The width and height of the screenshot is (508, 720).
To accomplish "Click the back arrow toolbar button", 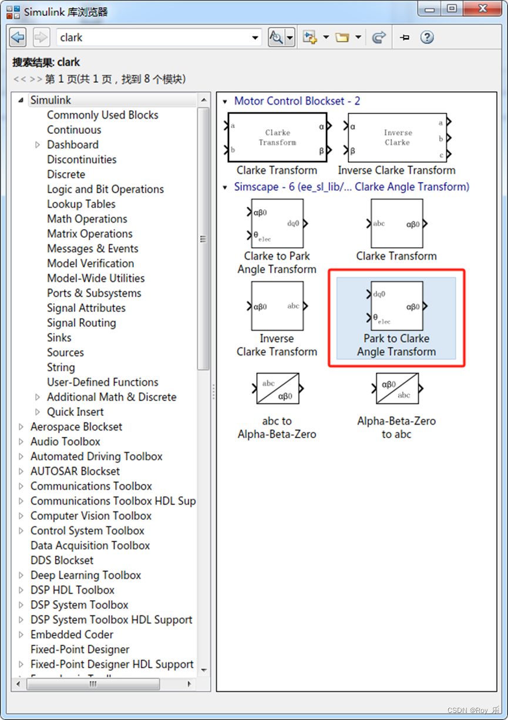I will [18, 38].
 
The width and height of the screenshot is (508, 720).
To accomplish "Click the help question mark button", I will [427, 38].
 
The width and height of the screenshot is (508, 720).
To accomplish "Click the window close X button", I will [483, 9].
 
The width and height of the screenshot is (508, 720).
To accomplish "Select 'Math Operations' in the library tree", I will [87, 219].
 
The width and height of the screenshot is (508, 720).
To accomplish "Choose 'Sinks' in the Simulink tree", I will [59, 338].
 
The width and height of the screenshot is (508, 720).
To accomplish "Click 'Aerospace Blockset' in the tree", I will [76, 427].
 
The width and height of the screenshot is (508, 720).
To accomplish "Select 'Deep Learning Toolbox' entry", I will [86, 576].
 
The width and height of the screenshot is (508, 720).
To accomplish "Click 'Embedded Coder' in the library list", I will [72, 635].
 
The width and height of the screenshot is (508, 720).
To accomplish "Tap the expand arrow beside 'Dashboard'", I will [38, 144].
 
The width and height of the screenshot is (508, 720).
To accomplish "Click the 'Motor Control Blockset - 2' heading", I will [297, 101].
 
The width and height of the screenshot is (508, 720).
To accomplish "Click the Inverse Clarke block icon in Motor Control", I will [397, 138].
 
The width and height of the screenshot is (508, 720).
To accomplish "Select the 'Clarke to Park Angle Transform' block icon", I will [277, 223].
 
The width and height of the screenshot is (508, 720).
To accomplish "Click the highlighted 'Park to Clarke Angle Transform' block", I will [396, 306].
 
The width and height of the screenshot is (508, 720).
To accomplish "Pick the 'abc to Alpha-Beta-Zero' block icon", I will [277, 388].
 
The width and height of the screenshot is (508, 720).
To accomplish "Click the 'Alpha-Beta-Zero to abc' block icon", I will [396, 388].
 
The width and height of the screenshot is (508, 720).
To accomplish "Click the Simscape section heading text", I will [351, 187].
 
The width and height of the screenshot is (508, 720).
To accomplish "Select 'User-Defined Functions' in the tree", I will [102, 382].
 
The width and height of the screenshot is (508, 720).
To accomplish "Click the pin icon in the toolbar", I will [404, 38].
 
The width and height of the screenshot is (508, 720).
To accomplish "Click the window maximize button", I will [452, 9].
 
